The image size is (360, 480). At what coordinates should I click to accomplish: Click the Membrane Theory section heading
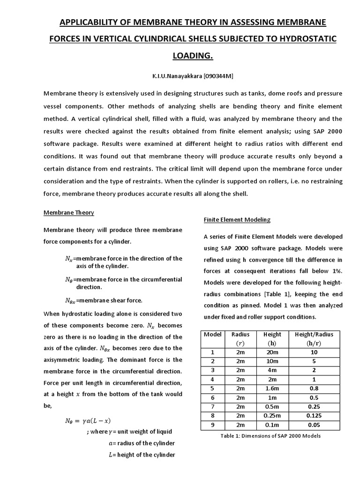pyautogui.click(x=69, y=212)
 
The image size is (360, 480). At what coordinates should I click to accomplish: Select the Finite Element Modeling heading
pyautogui.click(x=237, y=219)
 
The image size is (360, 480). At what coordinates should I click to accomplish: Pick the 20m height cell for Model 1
pyautogui.click(x=272, y=352)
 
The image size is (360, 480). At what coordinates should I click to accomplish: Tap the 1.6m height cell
pyautogui.click(x=272, y=388)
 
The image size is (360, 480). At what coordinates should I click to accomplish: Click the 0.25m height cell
pyautogui.click(x=272, y=415)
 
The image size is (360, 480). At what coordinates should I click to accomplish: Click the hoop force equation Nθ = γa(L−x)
pyautogui.click(x=88, y=420)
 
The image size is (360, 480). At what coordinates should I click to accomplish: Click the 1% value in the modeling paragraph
pyautogui.click(x=337, y=270)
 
